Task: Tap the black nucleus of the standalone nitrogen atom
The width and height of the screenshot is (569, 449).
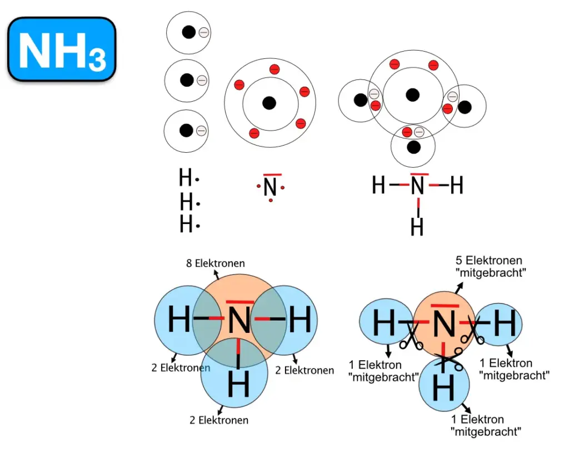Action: point(269,103)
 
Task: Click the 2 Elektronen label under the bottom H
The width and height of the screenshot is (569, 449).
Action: point(219,420)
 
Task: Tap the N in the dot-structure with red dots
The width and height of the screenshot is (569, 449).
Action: point(270,188)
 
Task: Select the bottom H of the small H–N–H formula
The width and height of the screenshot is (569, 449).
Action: point(417,227)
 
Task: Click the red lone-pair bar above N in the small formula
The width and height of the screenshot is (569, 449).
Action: point(420,174)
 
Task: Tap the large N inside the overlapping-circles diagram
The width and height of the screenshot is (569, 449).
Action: point(239,321)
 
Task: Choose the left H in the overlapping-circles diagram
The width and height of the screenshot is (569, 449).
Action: point(179,321)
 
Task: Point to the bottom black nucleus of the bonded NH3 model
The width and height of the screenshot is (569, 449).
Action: point(413,147)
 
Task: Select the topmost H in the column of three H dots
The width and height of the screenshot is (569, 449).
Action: point(186,179)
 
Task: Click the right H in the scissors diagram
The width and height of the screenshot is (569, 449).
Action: point(504,324)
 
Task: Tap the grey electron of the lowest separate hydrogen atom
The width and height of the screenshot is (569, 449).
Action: point(201,131)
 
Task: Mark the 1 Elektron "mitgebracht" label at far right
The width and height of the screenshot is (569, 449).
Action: point(514,369)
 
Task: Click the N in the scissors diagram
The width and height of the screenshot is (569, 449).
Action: point(443,325)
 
